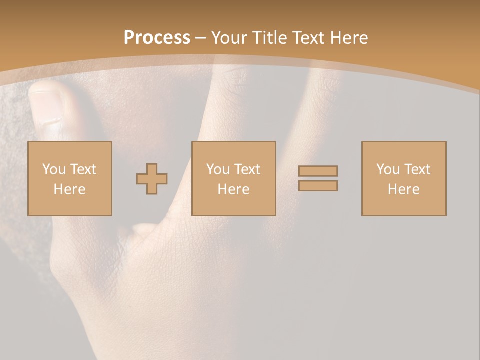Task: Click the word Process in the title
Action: (x=157, y=38)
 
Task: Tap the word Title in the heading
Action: (x=270, y=38)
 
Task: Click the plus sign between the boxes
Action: (x=152, y=179)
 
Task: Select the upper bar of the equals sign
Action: (x=318, y=171)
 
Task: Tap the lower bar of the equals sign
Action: (x=318, y=186)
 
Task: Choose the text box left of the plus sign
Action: (x=70, y=179)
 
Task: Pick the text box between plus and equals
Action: (x=233, y=179)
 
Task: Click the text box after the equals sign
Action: (x=404, y=179)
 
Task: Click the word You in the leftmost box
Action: (x=54, y=169)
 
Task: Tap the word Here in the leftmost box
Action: (x=70, y=189)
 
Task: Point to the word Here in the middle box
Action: (x=233, y=189)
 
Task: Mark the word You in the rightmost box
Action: (x=388, y=169)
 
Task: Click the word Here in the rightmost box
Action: (x=404, y=189)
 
